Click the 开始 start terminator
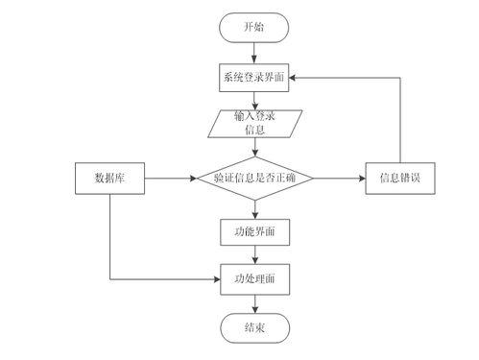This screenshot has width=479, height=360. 254,28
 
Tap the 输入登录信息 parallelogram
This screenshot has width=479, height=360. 254,123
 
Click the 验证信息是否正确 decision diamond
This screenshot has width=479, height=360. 254,179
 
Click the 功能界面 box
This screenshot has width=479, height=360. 254,231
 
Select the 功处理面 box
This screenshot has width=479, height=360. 254,278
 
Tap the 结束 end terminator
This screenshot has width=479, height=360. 254,328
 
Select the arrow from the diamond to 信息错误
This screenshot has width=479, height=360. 341,179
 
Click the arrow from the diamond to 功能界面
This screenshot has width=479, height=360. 254,208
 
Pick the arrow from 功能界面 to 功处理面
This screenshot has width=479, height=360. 254,254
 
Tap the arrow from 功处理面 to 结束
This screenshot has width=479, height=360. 254,302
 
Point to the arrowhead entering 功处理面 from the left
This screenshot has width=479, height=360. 216,278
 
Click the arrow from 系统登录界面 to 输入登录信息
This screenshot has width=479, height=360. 254,100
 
